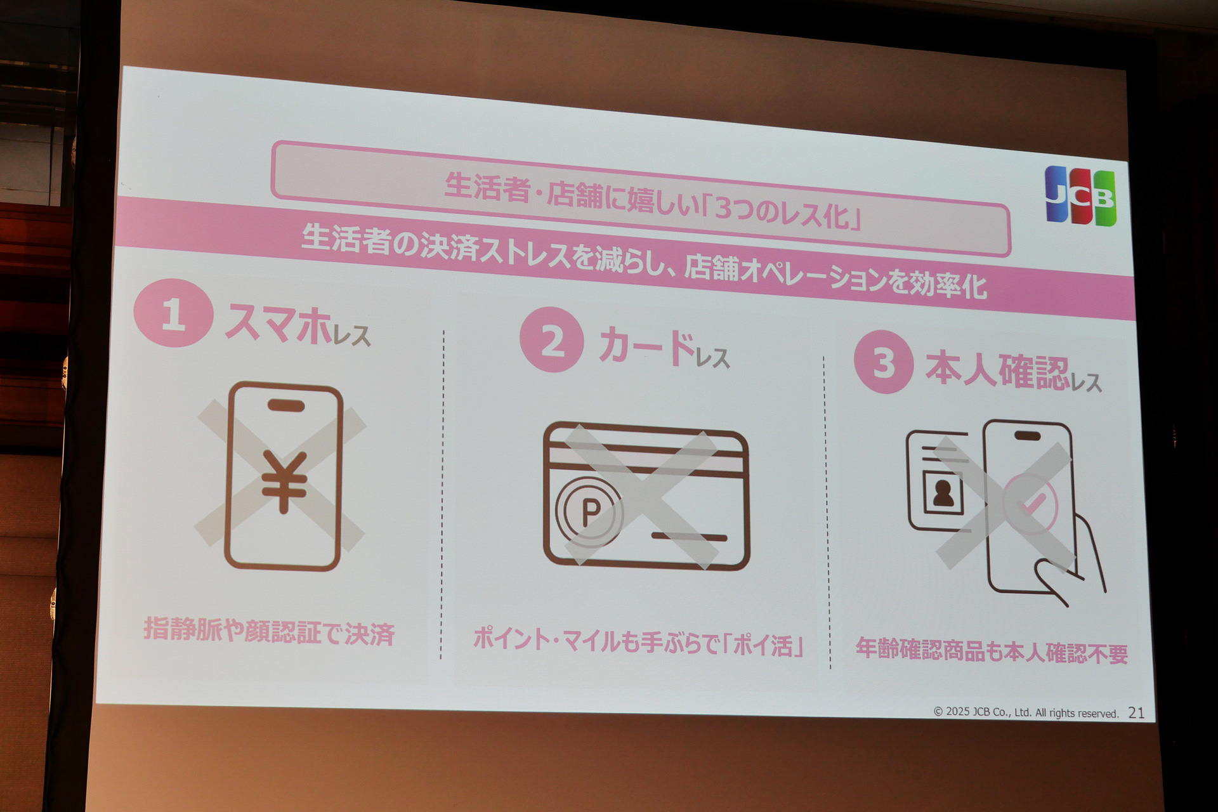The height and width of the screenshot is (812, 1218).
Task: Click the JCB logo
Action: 1080,196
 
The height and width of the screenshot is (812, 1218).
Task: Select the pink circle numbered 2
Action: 551,339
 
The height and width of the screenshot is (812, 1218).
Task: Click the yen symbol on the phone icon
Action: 284,481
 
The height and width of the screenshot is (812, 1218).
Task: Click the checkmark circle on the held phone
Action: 1030,504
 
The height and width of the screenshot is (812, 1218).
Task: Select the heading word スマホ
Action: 278,323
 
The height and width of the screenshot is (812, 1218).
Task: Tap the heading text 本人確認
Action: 997,371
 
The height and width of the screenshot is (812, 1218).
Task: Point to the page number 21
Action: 1136,713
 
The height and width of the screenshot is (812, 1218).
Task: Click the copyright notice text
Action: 1025,712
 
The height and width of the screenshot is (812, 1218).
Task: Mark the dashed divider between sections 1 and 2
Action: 442,495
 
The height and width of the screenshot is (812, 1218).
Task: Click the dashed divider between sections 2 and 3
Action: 827,514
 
